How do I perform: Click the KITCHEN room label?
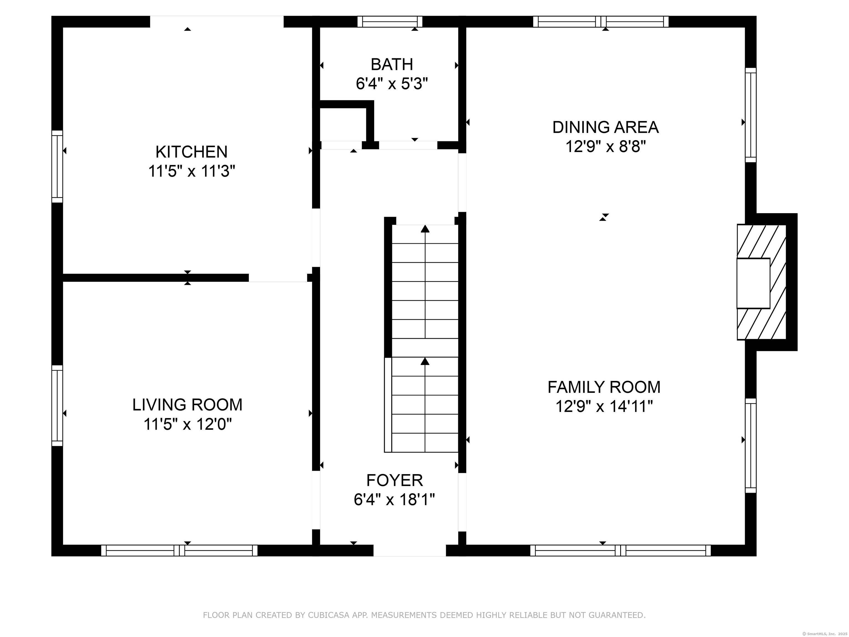[191, 152]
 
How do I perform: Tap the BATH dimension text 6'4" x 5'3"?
[392, 84]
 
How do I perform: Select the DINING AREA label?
[605, 127]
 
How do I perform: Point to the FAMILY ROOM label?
[604, 387]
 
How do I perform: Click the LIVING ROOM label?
[187, 405]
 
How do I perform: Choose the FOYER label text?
[395, 480]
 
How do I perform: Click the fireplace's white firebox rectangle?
[753, 283]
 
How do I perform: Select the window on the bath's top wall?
[390, 22]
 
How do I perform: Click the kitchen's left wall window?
[57, 166]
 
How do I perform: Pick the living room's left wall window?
[57, 406]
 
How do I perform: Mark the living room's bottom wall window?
[179, 550]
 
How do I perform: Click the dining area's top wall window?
[601, 22]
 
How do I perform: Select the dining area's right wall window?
[751, 115]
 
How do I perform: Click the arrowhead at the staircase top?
[425, 229]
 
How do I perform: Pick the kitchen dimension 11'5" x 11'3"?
[191, 171]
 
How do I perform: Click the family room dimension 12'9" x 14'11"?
[604, 406]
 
